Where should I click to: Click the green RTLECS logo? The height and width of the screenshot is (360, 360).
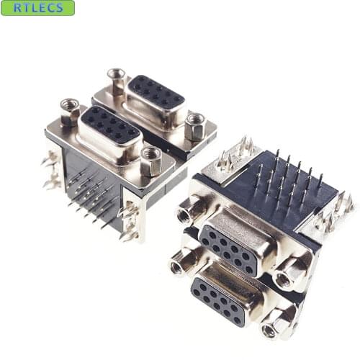37,8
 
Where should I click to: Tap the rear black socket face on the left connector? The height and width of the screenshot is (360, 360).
156,91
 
